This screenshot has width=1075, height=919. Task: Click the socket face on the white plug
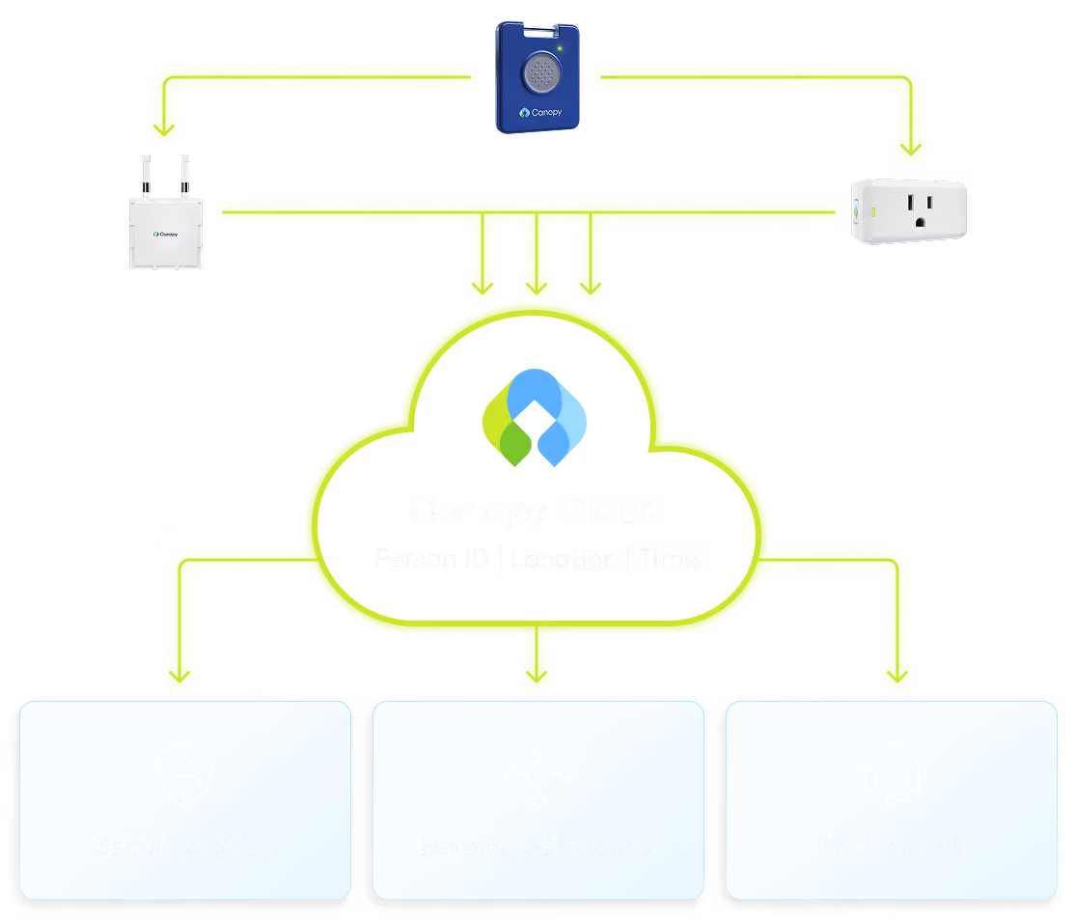point(921,209)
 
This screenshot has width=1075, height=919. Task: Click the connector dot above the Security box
point(178,673)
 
